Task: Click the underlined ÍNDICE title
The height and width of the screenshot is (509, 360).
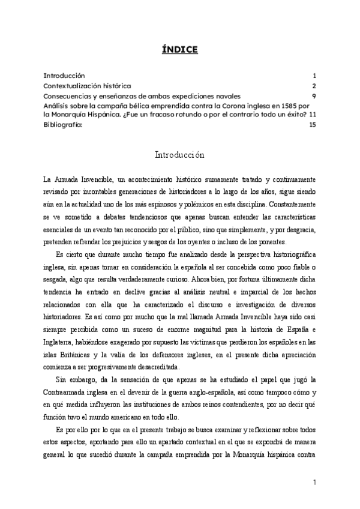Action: (179, 49)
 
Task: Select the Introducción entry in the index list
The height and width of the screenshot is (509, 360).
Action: (64, 76)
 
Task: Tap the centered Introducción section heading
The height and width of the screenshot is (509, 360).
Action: (180, 155)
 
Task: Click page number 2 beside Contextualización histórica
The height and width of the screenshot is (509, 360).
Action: (314, 86)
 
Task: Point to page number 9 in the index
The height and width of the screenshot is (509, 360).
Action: (314, 95)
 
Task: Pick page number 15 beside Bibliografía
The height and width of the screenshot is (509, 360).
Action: (312, 125)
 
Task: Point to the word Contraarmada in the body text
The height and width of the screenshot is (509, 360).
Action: (70, 392)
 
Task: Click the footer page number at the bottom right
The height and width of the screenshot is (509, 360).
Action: (314, 483)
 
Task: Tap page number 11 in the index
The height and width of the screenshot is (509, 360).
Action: (312, 115)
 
